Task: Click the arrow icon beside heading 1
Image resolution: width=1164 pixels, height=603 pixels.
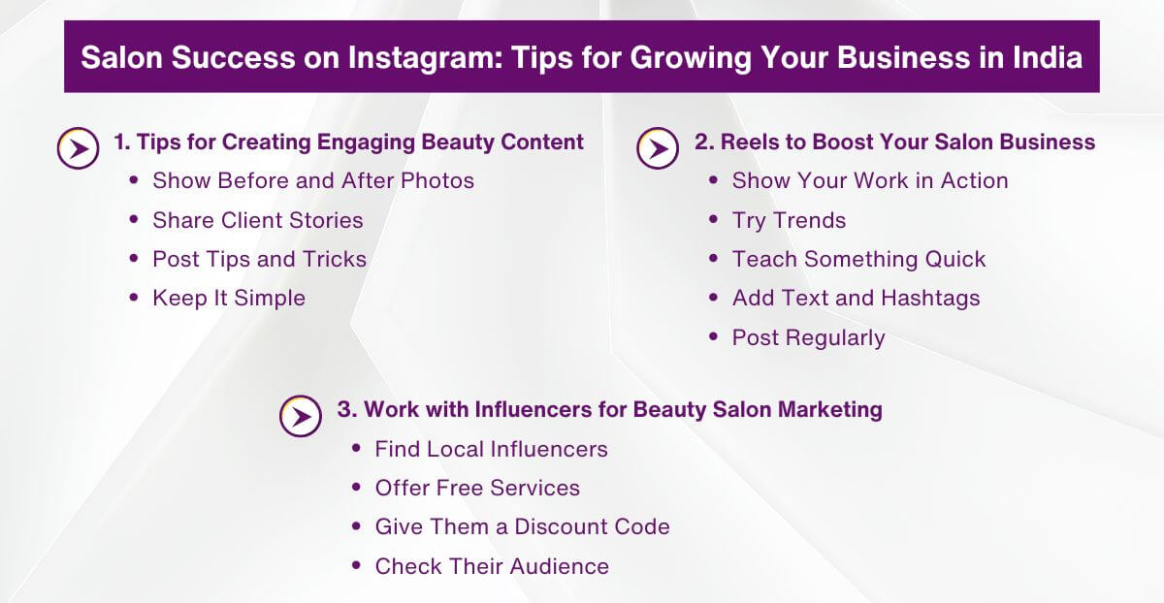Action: [x=78, y=148]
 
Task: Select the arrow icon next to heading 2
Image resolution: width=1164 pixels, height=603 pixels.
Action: [x=658, y=148]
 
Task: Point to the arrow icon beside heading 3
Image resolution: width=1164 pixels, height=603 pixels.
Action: [x=301, y=416]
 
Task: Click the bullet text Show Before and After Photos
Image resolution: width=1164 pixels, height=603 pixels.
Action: [x=313, y=180]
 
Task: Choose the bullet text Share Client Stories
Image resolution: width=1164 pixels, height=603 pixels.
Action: [x=258, y=220]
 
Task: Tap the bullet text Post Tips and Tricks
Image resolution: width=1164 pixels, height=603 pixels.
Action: [x=260, y=259]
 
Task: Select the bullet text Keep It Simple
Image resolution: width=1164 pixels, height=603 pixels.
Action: [x=229, y=298]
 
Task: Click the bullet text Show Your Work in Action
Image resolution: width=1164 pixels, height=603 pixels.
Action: [x=870, y=180]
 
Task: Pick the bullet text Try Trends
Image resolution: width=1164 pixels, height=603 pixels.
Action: [x=789, y=220]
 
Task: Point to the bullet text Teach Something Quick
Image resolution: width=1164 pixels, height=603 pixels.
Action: [x=858, y=259]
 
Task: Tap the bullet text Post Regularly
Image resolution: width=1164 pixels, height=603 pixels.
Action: [x=808, y=337]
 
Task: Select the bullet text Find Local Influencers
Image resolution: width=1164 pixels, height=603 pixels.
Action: [x=491, y=449]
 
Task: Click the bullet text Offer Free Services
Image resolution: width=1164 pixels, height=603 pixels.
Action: [x=477, y=488]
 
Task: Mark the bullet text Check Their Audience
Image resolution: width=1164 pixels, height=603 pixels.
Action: [x=492, y=566]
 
